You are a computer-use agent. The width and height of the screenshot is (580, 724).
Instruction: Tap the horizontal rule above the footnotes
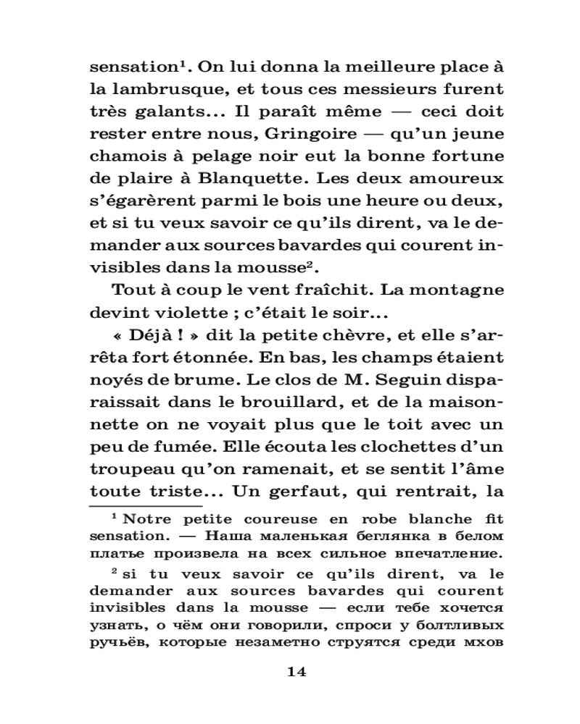click(x=145, y=506)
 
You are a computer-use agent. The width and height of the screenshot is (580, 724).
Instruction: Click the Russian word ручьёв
click(x=115, y=641)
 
